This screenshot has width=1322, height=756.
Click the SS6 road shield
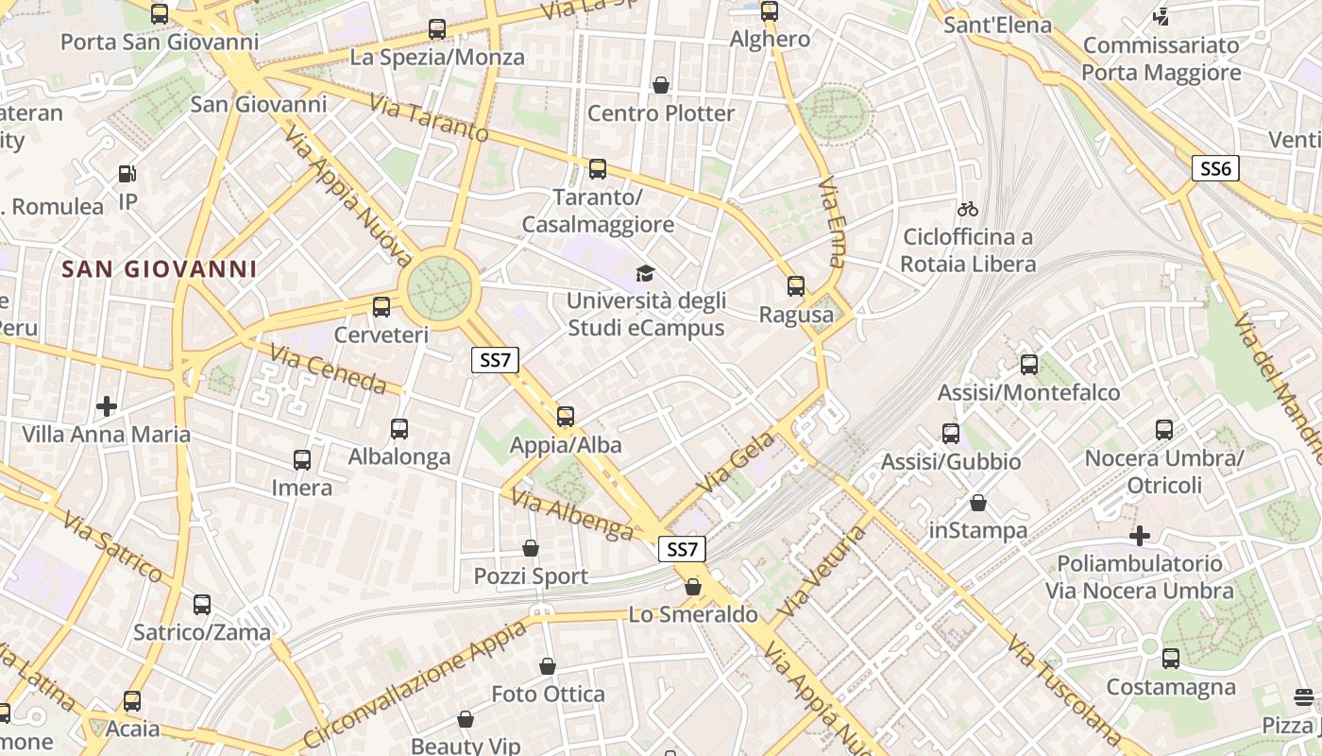1214,168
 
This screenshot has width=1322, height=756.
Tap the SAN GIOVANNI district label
160,269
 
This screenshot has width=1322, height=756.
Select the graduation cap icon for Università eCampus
645,274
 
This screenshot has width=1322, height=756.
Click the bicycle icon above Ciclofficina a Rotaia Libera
968,209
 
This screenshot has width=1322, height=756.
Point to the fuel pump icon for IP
127,174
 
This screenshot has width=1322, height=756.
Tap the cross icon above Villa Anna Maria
107,406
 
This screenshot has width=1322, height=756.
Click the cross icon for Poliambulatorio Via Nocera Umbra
1140,536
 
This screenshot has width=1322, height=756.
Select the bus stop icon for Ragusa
796,286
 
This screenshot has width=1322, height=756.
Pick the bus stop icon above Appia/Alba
566,416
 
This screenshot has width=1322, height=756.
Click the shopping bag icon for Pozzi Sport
531,548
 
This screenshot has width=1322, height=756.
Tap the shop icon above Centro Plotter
661,85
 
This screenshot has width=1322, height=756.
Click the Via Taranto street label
429,118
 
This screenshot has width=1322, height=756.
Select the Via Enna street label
832,221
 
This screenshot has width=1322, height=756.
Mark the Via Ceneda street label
328,369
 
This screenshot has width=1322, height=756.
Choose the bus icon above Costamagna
1171,658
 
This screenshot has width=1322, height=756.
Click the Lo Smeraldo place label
693,615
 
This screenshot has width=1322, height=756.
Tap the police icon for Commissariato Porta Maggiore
1161,16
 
